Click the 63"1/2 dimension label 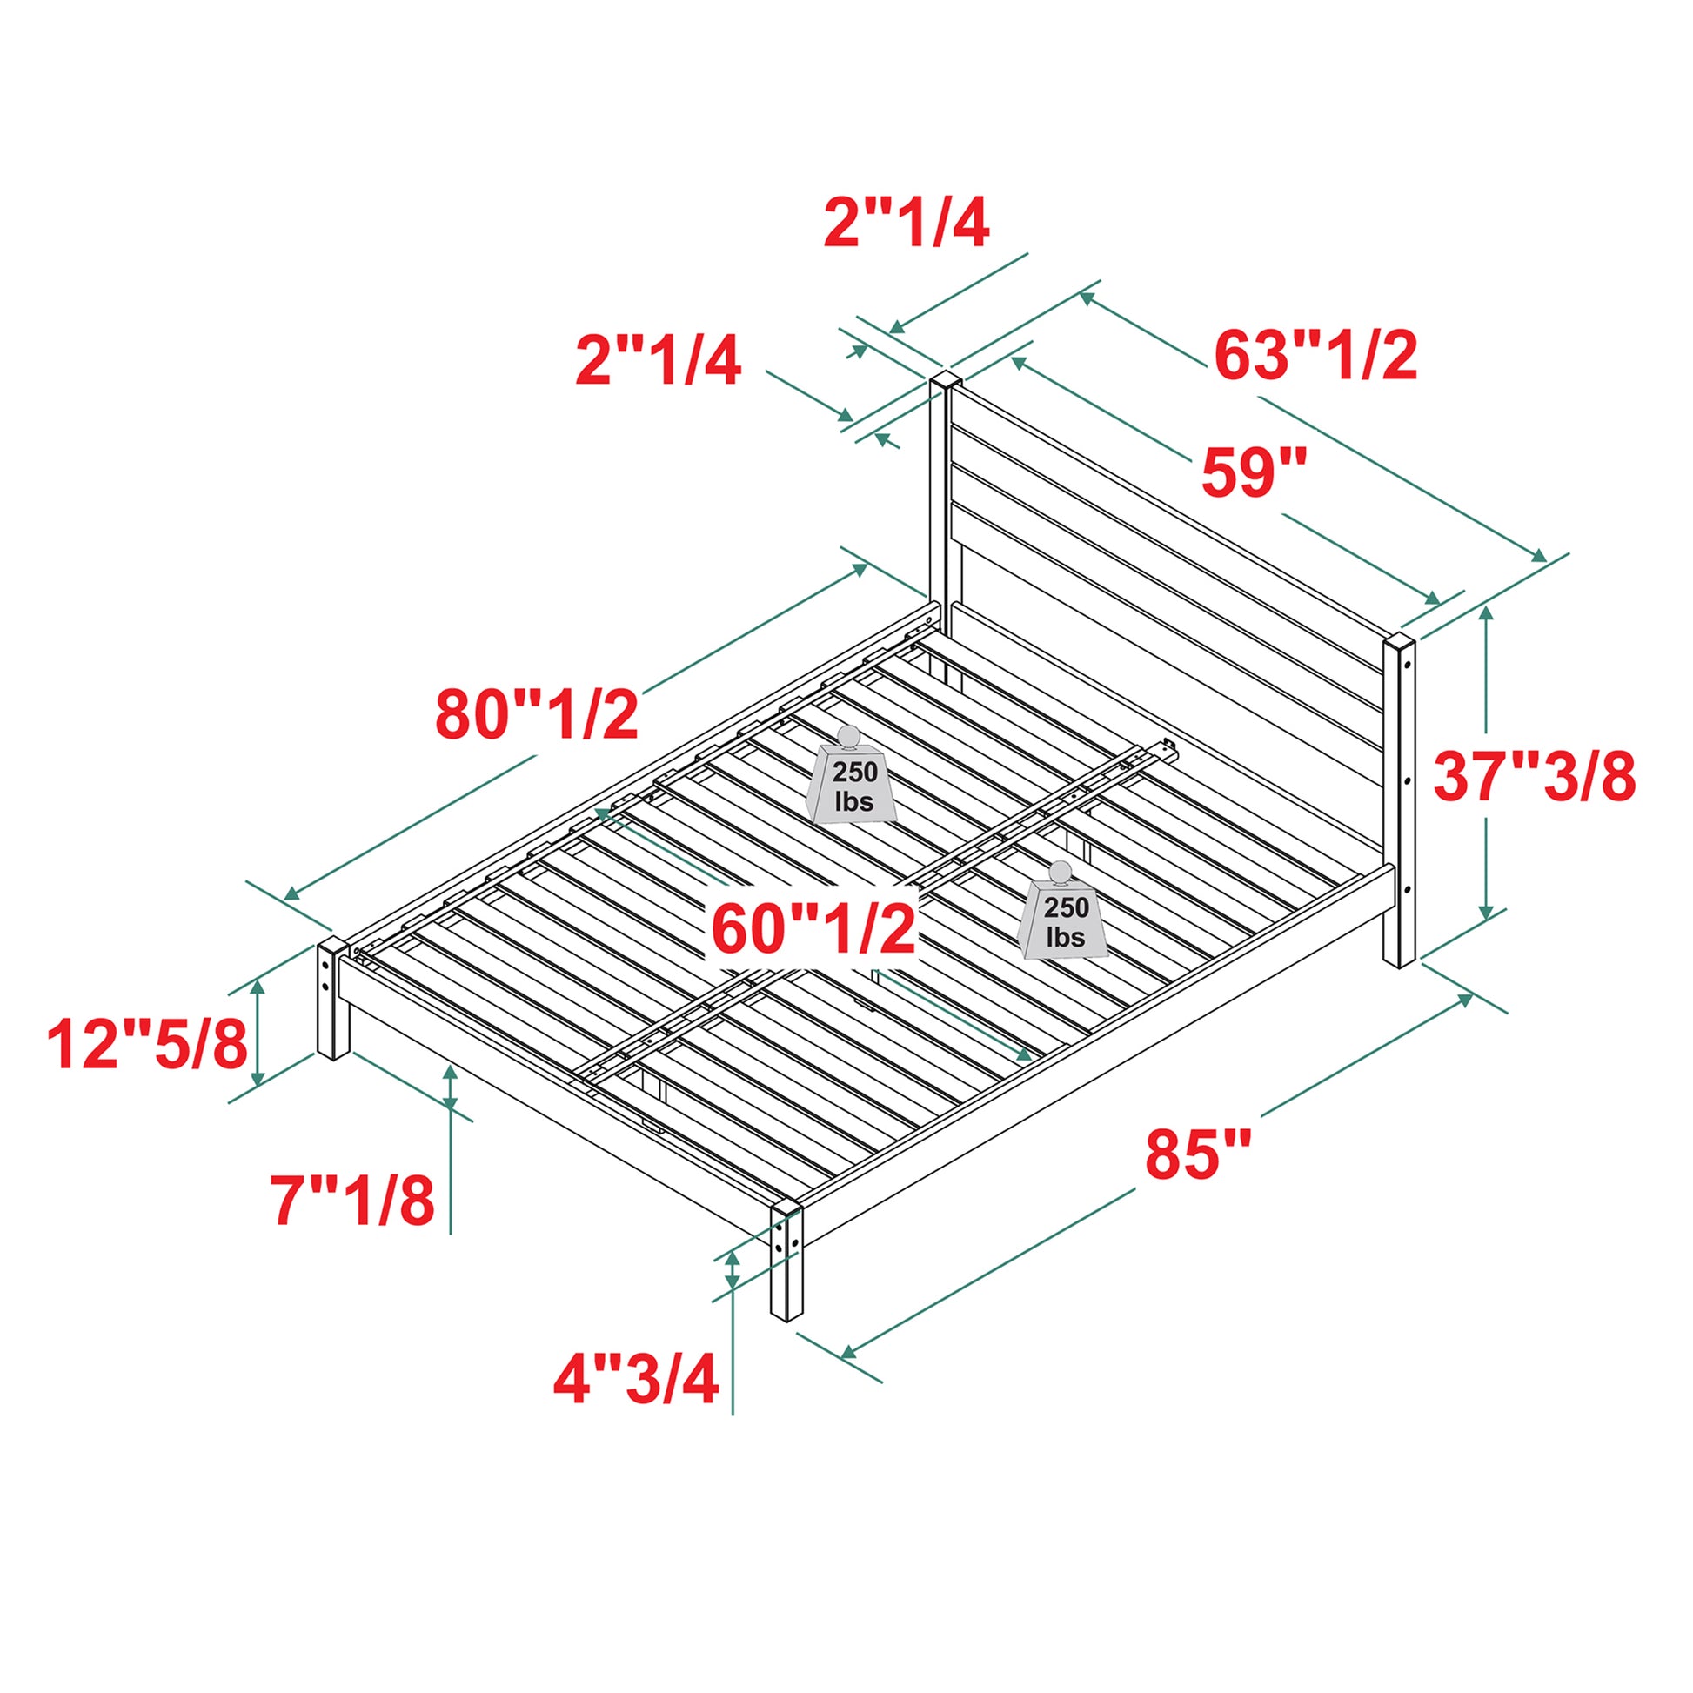pos(1315,357)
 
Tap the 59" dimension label pos(1254,472)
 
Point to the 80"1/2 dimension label pos(537,715)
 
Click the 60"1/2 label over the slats pos(814,930)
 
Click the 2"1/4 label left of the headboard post pos(658,361)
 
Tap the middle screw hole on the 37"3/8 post pos(1406,778)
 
